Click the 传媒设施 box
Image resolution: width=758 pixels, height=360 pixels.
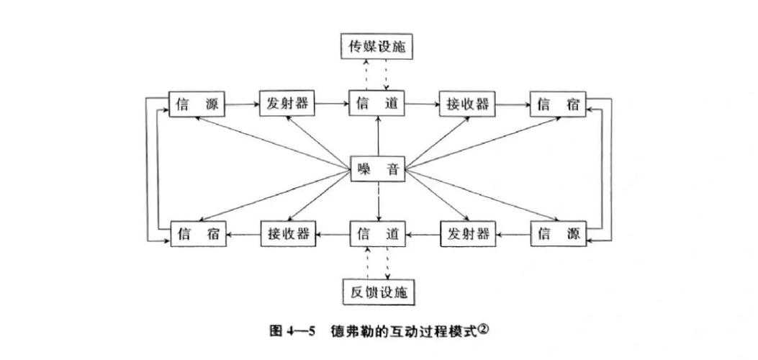pos(378,47)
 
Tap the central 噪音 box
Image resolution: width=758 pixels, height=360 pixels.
pos(378,170)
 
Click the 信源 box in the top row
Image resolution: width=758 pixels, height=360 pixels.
pos(197,104)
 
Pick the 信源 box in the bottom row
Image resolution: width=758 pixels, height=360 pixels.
pos(558,234)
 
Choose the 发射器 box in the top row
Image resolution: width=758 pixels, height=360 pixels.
pos(288,104)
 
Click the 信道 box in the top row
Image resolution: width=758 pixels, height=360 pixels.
pos(378,104)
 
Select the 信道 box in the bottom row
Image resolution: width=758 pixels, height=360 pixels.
pos(378,234)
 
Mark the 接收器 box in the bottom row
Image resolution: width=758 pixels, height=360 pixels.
pos(288,234)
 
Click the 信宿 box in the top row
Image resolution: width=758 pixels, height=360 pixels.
pos(558,104)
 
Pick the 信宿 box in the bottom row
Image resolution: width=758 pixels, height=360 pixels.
pos(197,234)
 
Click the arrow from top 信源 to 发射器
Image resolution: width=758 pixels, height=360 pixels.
pos(243,104)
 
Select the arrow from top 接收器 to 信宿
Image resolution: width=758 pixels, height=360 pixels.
pos(513,104)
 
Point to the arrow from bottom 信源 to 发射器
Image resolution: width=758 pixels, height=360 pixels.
pos(513,234)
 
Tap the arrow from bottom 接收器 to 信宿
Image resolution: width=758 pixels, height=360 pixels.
pos(243,234)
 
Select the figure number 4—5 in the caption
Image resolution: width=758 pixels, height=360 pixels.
pos(298,332)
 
